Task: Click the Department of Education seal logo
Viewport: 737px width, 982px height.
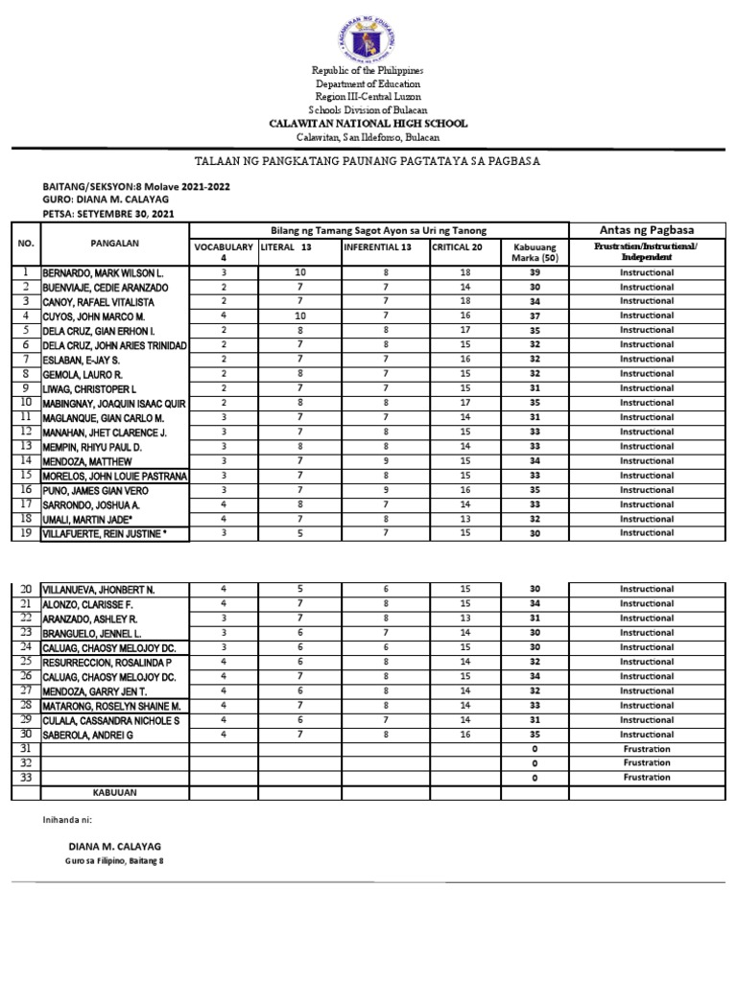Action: pos(368,35)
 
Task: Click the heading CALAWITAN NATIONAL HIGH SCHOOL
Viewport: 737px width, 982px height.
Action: pos(368,124)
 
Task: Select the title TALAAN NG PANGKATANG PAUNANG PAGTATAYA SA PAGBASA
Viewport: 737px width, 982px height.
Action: pos(368,161)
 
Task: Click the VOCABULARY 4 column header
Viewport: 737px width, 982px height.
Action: pos(223,251)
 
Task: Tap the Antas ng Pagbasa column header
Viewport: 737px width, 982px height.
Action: pos(646,230)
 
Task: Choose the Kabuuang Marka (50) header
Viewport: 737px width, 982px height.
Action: pos(535,251)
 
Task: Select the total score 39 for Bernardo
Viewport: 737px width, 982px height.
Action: pos(535,272)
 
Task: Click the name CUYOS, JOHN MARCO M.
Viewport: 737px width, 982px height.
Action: pos(93,316)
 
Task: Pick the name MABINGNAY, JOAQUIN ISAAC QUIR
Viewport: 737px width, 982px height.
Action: pos(114,403)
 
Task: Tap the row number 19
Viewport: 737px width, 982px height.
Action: pos(26,533)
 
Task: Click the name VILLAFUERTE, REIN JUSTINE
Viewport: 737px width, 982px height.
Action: pos(110,533)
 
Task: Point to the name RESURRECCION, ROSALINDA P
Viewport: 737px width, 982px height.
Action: pos(107,662)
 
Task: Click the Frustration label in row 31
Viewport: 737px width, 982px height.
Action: pos(646,749)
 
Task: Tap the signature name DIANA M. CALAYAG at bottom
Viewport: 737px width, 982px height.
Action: pos(115,846)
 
